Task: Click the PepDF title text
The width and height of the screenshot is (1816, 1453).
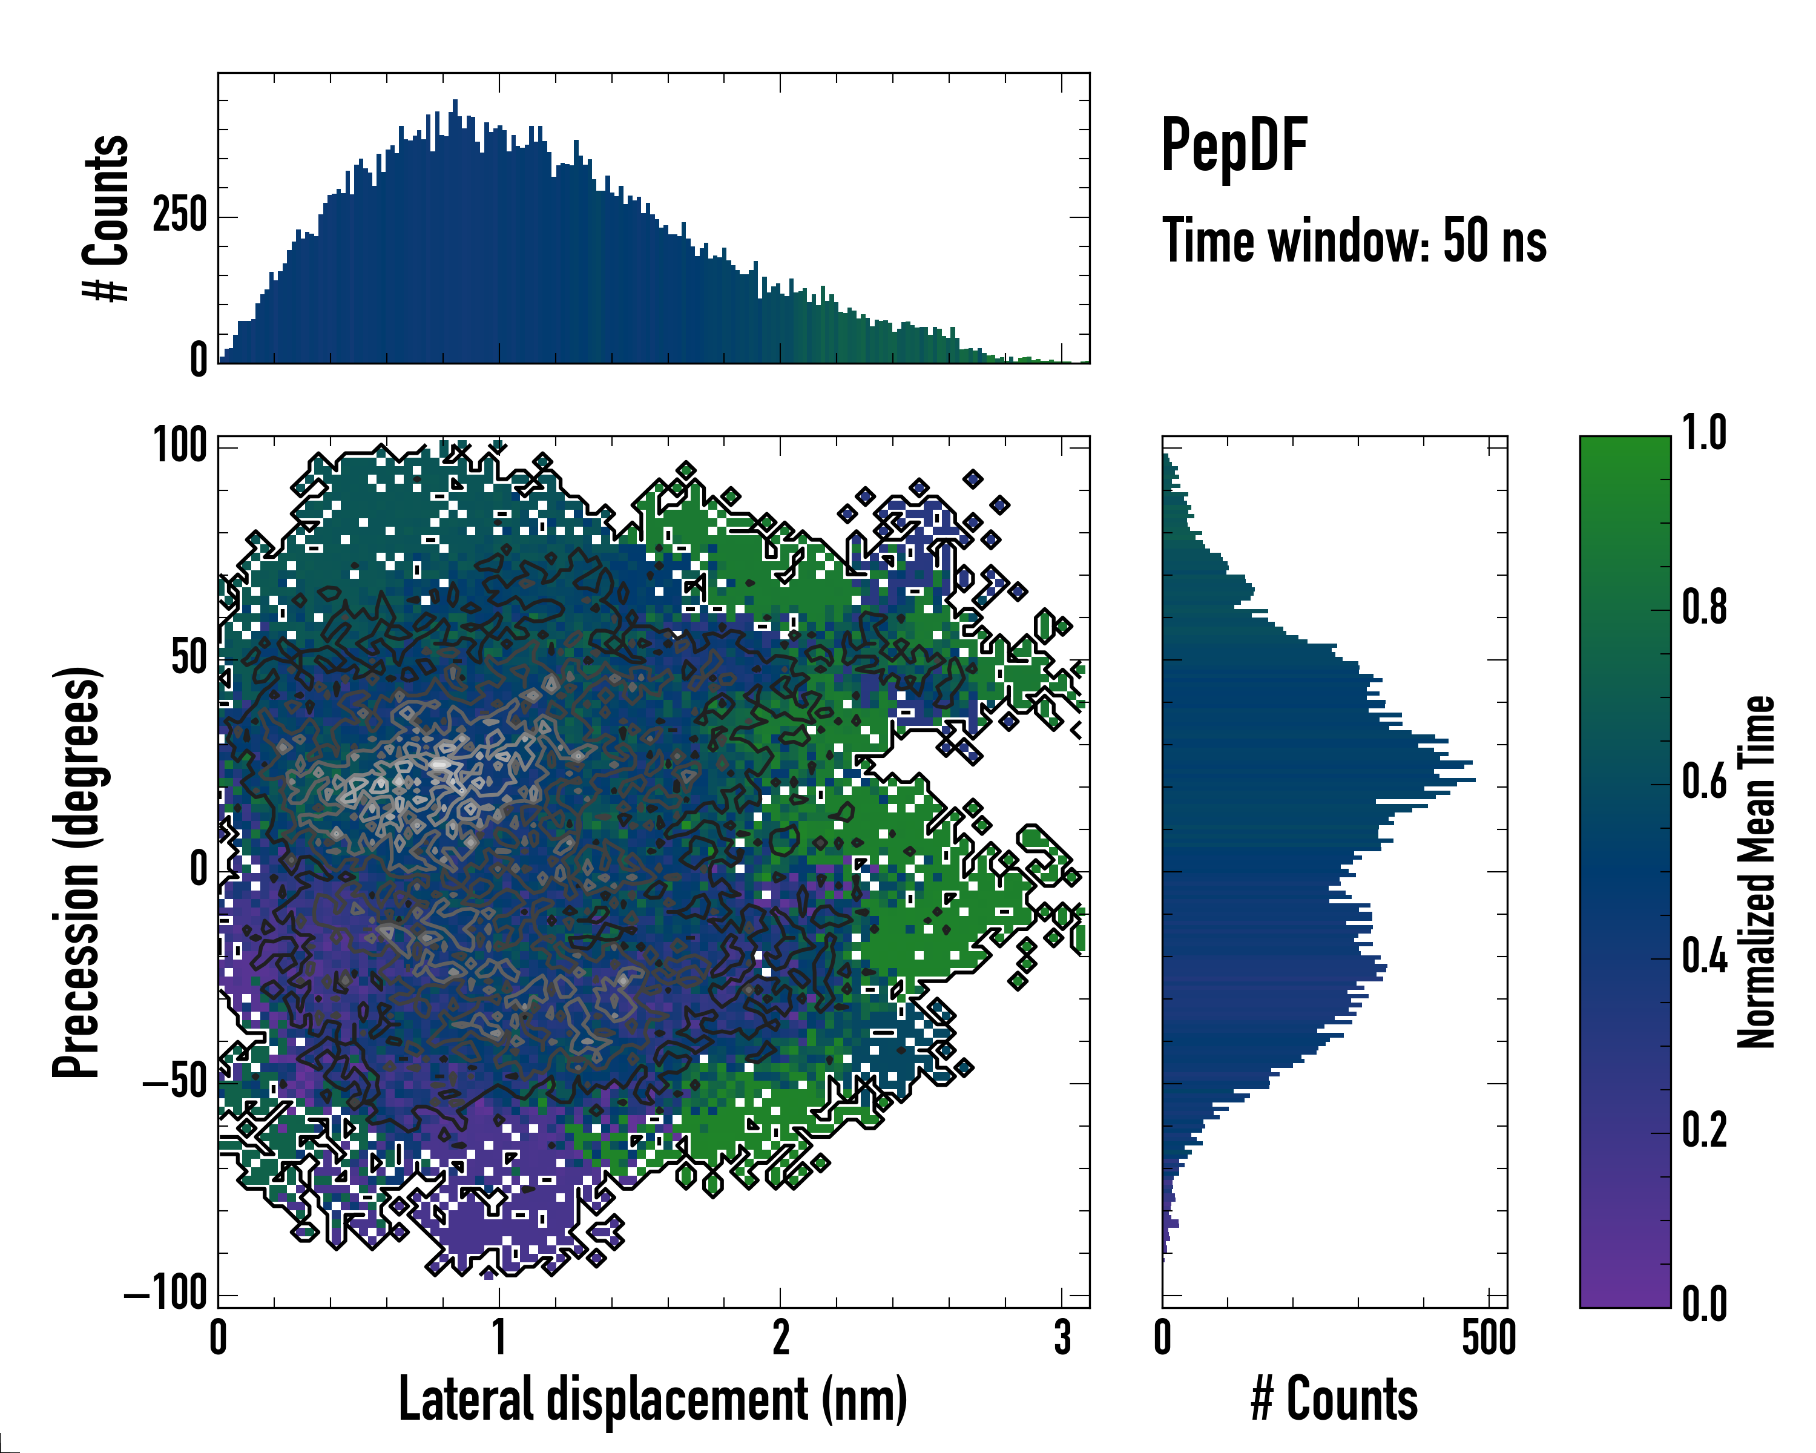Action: click(1234, 146)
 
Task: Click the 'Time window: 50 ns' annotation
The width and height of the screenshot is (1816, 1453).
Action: click(1354, 241)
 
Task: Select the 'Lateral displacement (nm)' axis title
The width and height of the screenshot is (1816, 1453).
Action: click(653, 1399)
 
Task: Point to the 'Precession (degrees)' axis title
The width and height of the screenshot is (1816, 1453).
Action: click(77, 872)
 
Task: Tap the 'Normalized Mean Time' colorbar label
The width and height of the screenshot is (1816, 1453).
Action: click(1756, 872)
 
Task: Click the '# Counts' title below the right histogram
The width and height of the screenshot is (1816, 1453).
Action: click(1334, 1399)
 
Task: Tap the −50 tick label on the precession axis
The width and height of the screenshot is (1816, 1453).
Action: click(175, 1081)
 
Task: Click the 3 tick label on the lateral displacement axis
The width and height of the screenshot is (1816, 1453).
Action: click(1062, 1337)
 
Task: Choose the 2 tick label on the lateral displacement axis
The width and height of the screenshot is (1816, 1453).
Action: click(781, 1337)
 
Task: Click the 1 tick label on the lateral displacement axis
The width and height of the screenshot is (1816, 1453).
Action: click(499, 1337)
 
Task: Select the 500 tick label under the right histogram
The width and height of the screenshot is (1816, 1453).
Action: click(1489, 1337)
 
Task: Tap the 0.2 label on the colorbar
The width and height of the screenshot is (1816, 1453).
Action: click(1704, 1130)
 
